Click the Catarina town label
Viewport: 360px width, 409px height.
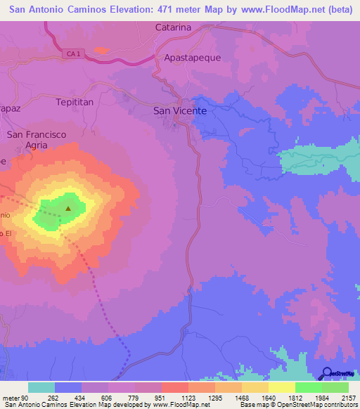pos(173,27)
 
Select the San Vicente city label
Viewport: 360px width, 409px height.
pos(180,111)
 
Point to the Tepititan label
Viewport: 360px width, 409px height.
pos(75,102)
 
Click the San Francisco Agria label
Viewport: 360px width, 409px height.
pos(37,139)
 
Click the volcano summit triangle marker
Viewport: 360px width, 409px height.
pos(68,208)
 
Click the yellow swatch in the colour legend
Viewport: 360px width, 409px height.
pos(281,387)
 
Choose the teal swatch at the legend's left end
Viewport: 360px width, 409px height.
pos(41,387)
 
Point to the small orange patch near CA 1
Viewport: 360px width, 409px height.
pos(101,51)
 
